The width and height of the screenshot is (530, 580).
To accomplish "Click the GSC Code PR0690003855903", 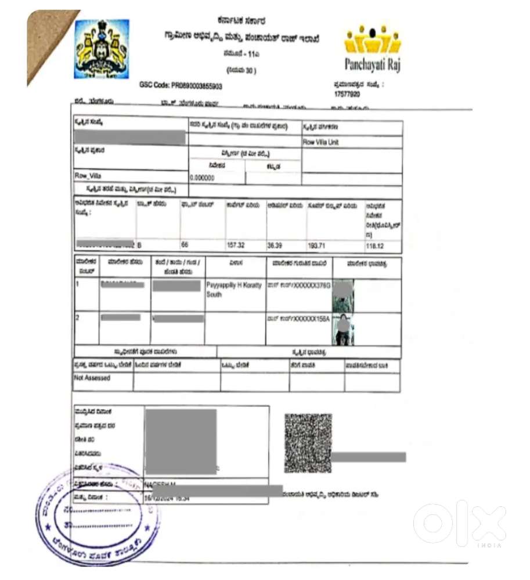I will point(181,85).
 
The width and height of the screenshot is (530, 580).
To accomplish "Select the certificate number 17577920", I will point(347,93).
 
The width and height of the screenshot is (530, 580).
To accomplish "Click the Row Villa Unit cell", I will point(320,142).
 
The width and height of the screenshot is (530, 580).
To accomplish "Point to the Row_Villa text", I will point(88,175).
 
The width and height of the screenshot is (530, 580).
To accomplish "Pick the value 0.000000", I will point(202,178).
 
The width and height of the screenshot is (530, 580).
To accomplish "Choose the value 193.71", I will point(318,246).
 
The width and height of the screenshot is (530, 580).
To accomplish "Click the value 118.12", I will point(376,246).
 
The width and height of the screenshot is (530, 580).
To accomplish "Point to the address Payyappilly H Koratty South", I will point(234,290).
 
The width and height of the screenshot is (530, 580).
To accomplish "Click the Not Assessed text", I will point(92,378).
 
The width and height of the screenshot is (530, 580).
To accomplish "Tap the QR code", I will point(308,442).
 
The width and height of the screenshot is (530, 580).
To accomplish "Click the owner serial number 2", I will point(78,318).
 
